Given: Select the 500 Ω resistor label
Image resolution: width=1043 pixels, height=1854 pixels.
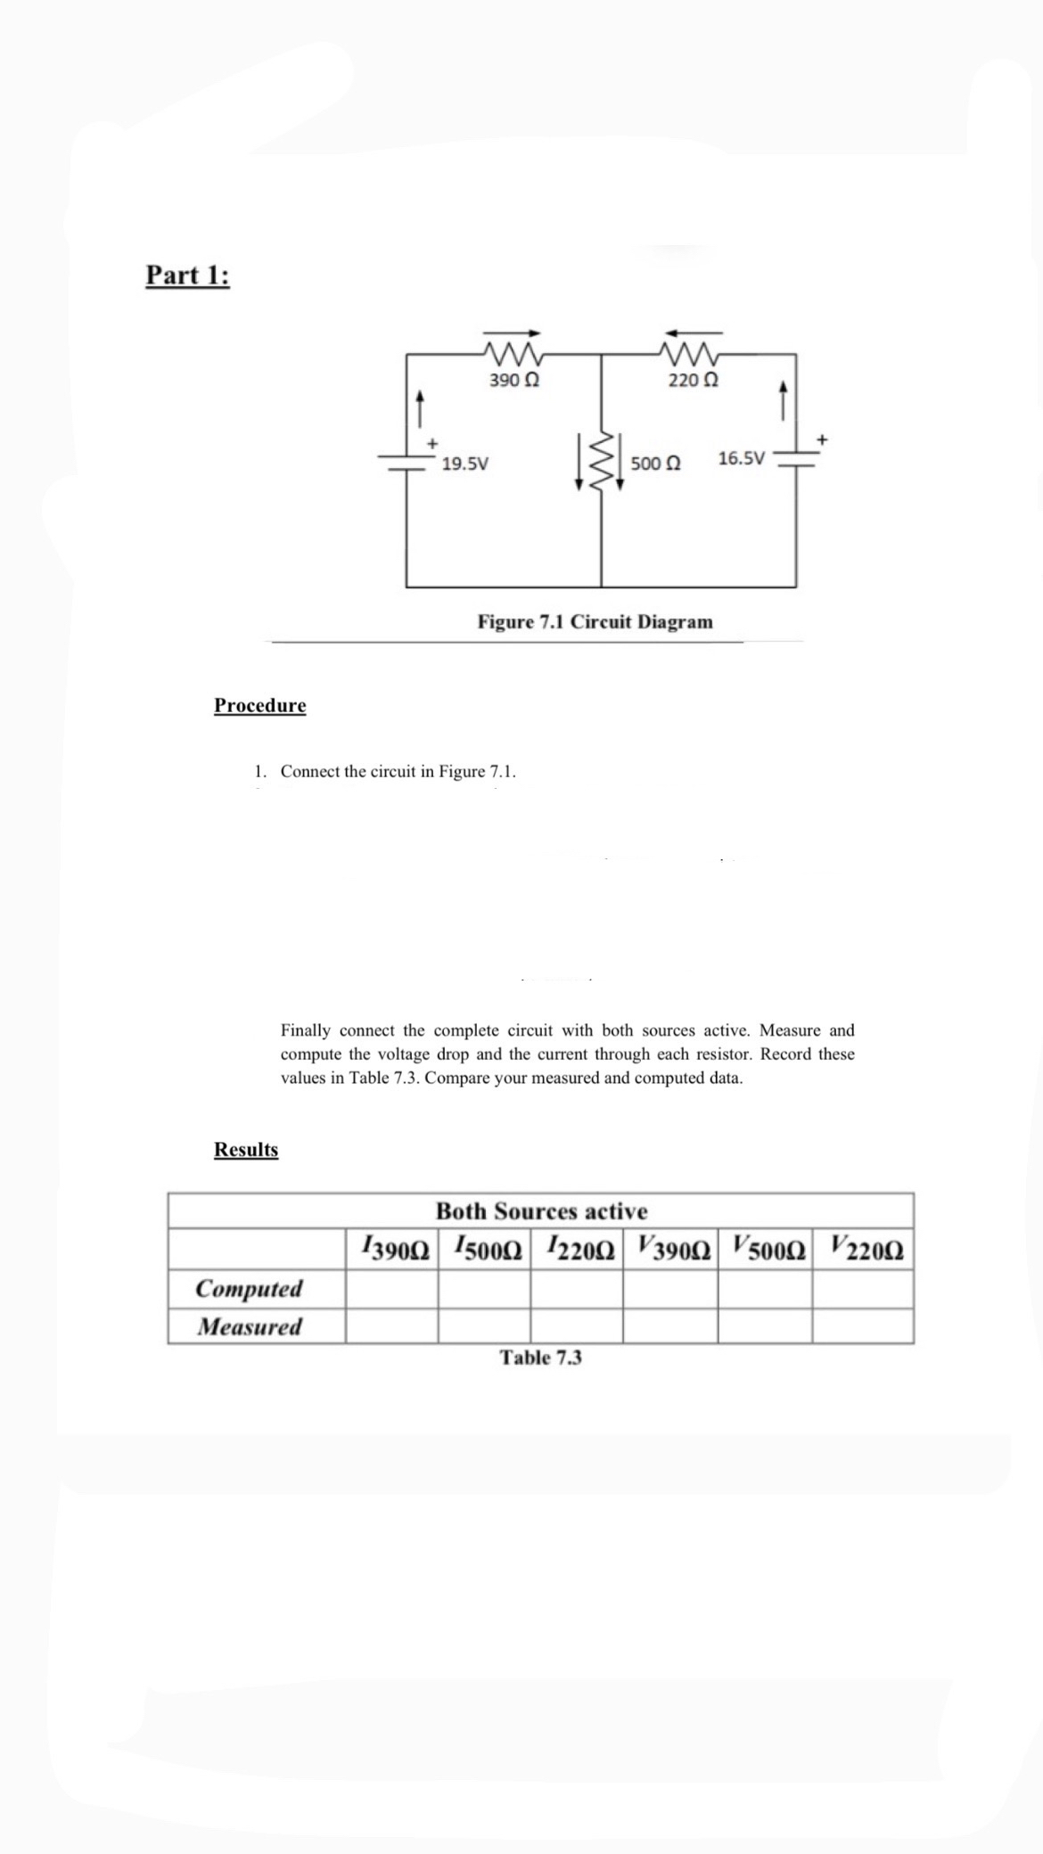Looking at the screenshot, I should pos(655,463).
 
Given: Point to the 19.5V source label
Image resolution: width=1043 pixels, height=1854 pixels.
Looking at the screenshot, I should pos(464,463).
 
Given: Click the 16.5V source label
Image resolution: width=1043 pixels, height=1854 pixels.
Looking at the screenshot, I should pos(741,459).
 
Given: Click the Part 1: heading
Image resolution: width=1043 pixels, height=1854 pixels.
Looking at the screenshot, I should pos(187,275).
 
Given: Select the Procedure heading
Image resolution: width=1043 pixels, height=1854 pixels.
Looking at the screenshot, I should pos(259,705).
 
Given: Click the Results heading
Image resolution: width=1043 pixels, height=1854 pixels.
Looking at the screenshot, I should pos(246,1149).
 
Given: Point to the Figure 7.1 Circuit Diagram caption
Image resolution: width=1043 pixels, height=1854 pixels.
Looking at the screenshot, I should pos(595,621).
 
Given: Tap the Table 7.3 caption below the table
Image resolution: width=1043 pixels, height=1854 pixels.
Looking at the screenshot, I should pos(540,1358).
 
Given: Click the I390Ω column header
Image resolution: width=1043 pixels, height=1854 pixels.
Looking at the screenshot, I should pos(394,1248).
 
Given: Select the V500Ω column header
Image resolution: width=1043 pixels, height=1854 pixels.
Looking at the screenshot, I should pos(765,1248).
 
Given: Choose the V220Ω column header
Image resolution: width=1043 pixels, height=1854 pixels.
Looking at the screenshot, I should pos(862,1248).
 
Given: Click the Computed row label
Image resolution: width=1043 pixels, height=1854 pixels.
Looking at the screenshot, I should pos(249,1288).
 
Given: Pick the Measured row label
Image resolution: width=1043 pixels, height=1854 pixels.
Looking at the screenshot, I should pos(249,1326).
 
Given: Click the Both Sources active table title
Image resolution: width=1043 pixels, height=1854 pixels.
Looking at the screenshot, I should pos(541,1211).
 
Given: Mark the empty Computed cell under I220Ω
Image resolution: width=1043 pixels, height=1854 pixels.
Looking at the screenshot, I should pos(576,1288).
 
